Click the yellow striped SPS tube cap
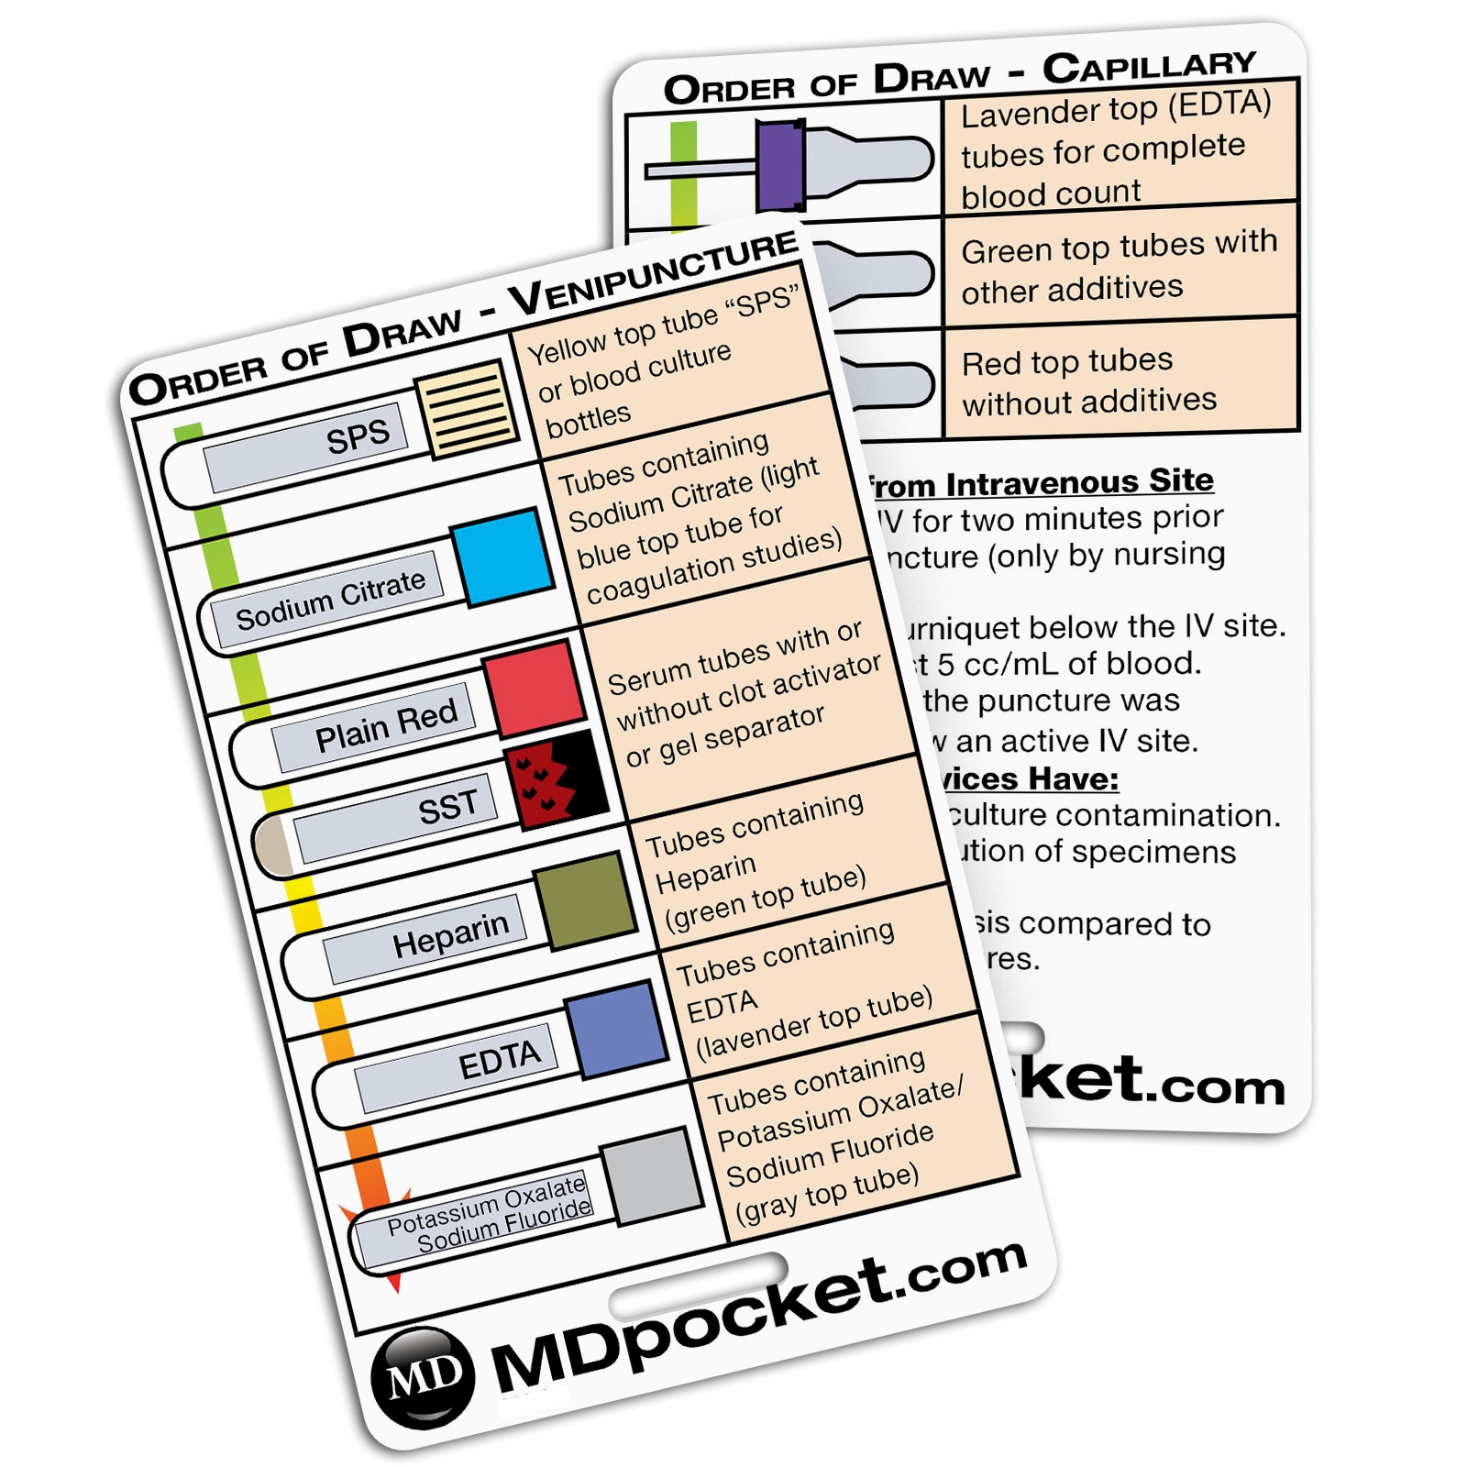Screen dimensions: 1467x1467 click(469, 408)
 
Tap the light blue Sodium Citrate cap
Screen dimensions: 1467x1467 click(503, 557)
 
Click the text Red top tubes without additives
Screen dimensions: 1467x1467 click(1088, 381)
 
